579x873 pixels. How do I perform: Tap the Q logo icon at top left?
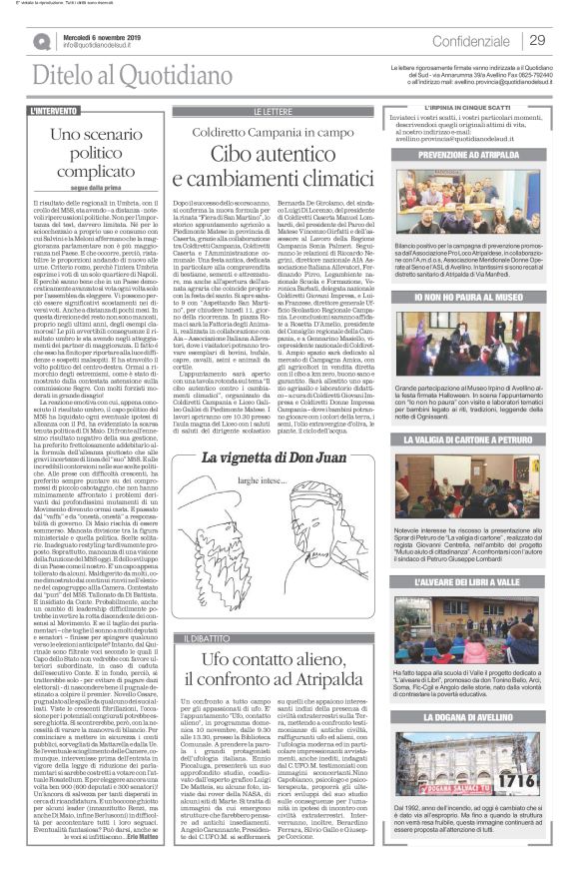[x=42, y=41]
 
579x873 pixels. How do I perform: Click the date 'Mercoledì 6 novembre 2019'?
[x=94, y=35]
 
